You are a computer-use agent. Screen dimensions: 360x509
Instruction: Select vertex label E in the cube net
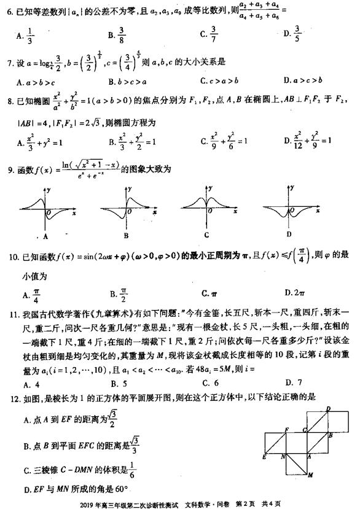click(263, 457)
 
